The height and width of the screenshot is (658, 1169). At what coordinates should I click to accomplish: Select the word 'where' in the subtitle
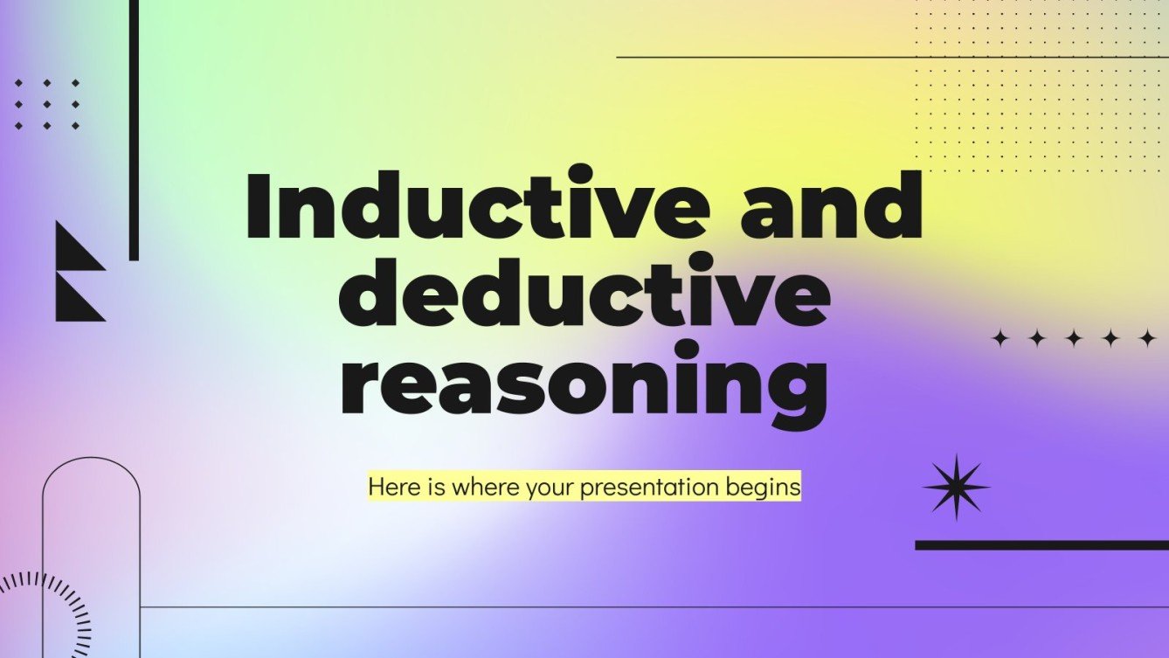[485, 488]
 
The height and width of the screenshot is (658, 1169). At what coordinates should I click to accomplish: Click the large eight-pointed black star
[956, 487]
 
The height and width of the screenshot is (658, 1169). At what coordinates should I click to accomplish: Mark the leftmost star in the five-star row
[1000, 339]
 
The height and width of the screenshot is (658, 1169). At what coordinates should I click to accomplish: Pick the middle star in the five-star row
[1073, 339]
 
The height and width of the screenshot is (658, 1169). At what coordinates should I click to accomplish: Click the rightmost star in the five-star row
[1146, 339]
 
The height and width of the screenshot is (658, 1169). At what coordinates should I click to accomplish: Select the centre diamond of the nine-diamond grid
[47, 105]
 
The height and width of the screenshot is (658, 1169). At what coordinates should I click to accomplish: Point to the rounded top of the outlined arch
[91, 461]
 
